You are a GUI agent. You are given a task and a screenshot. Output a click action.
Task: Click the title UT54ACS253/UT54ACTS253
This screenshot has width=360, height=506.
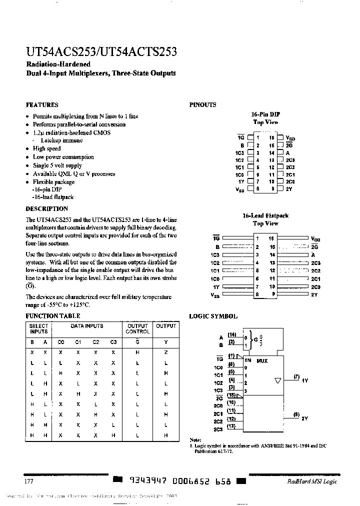[x=100, y=52]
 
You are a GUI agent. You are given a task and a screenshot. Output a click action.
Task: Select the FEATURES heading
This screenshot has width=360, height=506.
[x=42, y=105]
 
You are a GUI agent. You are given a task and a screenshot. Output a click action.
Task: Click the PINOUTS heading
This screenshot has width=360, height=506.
[x=202, y=105]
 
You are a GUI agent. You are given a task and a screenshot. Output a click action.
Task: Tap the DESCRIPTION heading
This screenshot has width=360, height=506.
[x=46, y=208]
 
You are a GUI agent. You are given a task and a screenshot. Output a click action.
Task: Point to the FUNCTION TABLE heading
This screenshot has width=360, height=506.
[x=52, y=316]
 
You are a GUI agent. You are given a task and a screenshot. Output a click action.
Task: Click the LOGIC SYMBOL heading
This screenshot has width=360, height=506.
[x=213, y=316]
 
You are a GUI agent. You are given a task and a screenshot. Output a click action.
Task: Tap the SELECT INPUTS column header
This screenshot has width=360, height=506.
[x=38, y=328]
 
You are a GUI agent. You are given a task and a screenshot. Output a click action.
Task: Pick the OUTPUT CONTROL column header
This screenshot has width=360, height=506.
[x=137, y=328]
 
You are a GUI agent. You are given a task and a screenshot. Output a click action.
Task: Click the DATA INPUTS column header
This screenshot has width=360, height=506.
[x=87, y=326]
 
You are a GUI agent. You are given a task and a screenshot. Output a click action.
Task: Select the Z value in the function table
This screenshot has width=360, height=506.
[x=166, y=352]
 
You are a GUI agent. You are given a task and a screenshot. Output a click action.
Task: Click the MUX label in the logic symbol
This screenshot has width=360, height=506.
[x=262, y=360]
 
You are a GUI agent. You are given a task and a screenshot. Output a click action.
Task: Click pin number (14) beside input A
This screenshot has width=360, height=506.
[x=232, y=334]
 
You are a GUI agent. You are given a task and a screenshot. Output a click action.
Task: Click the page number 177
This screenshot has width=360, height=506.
[x=28, y=481]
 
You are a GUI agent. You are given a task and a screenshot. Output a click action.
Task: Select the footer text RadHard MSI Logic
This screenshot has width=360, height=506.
[x=312, y=481]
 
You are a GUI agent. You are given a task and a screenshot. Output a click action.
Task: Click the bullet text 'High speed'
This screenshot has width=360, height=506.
[x=46, y=148]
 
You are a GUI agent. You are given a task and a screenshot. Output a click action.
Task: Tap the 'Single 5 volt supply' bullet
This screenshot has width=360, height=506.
[x=57, y=165]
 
